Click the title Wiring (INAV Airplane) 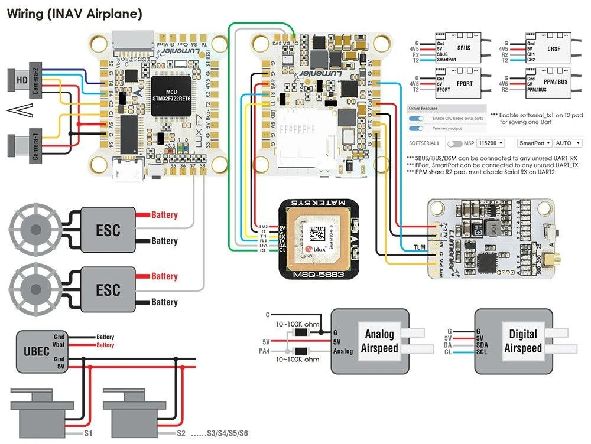coord(74,14)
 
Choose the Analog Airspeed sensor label coord(379,341)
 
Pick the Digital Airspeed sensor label coord(522,341)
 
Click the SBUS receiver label coord(463,48)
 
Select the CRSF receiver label coord(554,48)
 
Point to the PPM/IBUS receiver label coord(554,83)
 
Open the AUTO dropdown coord(567,143)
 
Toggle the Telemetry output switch coord(417,128)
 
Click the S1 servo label coord(88,433)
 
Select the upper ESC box coord(108,228)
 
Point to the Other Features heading coord(423,109)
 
